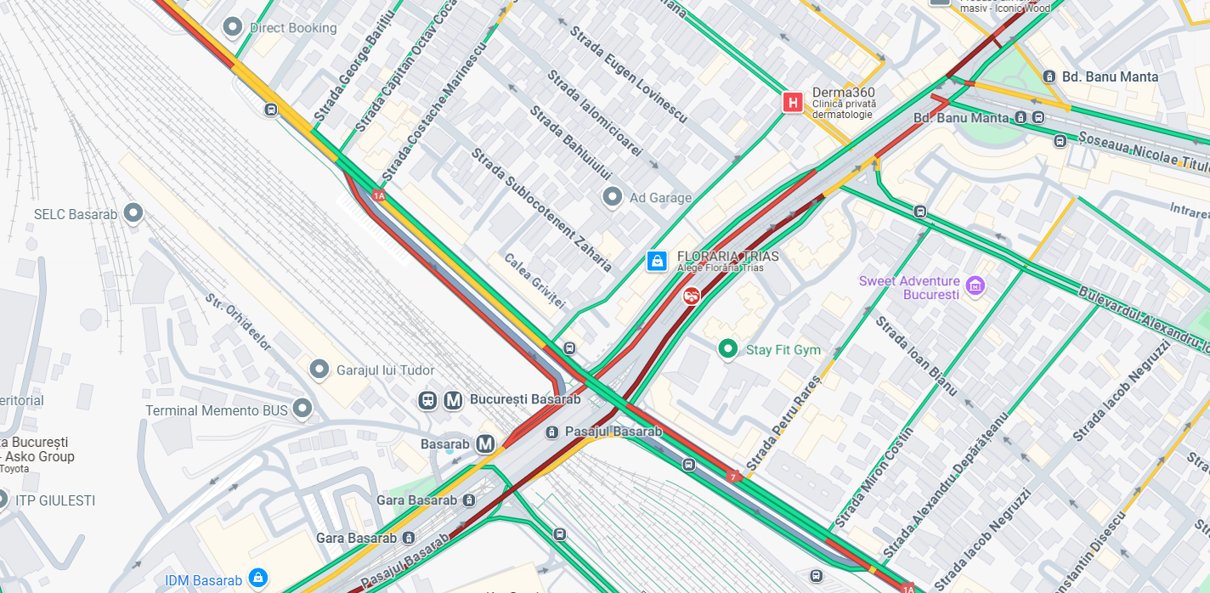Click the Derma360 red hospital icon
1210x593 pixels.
coord(793,103)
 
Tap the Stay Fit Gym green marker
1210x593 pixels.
coord(727,349)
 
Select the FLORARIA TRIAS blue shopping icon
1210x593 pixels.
coord(657,261)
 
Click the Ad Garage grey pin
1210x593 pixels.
coord(612,198)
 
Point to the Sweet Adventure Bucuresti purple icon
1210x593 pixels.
coord(975,285)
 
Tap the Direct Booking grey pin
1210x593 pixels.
coord(232,27)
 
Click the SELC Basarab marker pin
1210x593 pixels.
coord(133,213)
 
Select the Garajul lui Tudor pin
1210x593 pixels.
coord(319,370)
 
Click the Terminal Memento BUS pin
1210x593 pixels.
coord(302,409)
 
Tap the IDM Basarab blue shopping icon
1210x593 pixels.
coord(258,579)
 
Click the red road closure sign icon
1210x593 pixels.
coord(692,296)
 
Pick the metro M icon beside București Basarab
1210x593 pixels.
coord(453,399)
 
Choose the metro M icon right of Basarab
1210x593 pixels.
coord(485,443)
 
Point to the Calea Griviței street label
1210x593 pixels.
coord(534,280)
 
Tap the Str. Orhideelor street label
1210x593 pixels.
coord(239,322)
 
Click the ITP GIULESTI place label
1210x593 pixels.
coord(55,500)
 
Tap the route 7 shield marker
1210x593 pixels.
coord(732,477)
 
